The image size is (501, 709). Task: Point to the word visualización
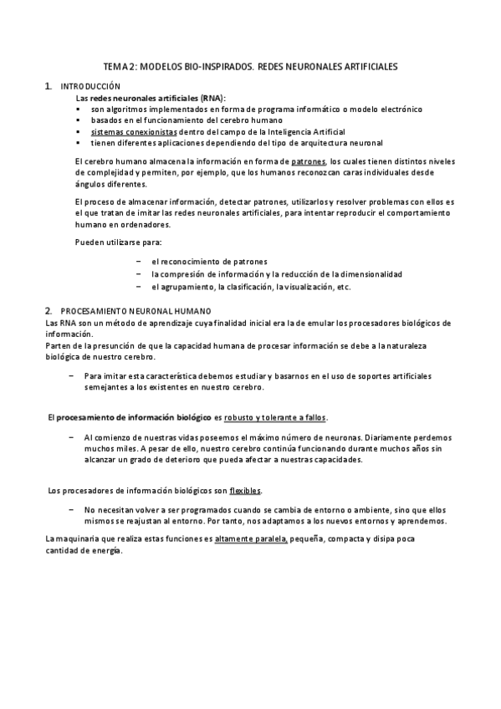[x=301, y=287]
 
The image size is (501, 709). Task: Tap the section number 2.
[x=49, y=310]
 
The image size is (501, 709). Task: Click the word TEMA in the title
[x=114, y=64]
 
